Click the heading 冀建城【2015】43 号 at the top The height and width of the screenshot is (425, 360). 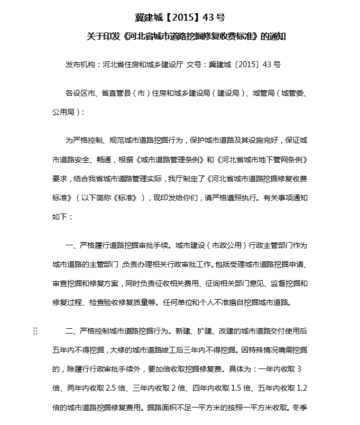[x=180, y=18]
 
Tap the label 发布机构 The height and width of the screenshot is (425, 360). [x=80, y=64]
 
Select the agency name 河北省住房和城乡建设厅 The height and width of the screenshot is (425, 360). [x=143, y=64]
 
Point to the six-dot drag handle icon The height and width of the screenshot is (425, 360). [x=35, y=331]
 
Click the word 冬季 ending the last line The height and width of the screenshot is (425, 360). [x=299, y=408]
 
